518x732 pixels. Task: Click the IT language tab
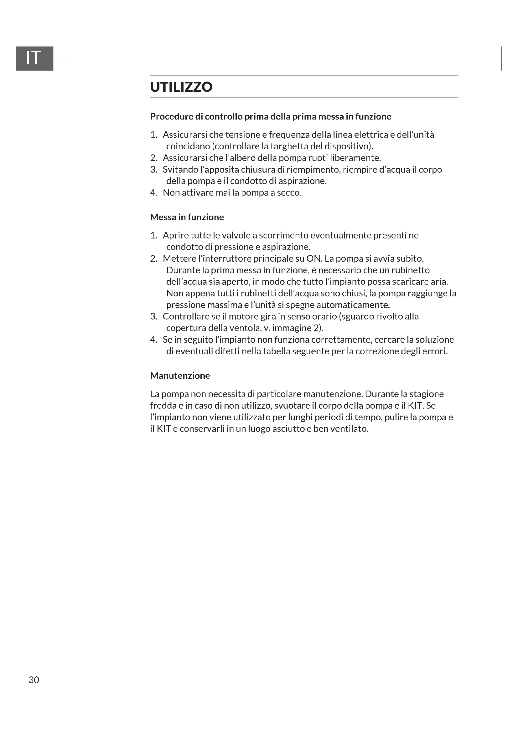[x=34, y=58]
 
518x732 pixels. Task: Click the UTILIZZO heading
[x=181, y=87]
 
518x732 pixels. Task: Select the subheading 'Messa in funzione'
[x=187, y=217]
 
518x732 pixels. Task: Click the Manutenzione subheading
[x=180, y=376]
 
